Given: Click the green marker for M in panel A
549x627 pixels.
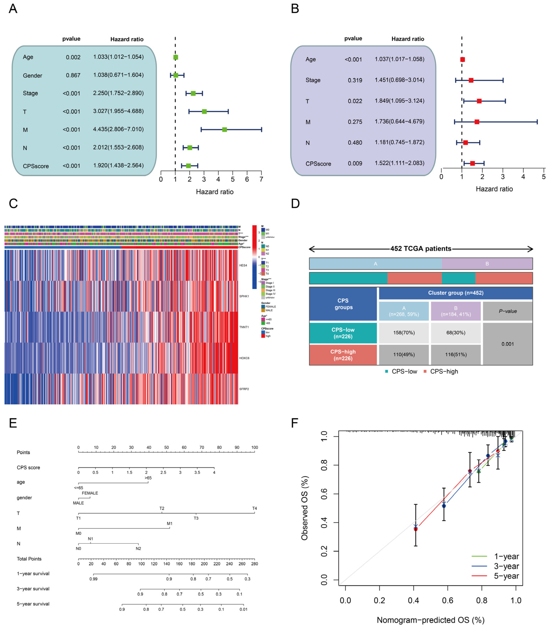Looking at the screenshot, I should (225, 130).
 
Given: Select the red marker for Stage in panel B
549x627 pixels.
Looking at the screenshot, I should (471, 80).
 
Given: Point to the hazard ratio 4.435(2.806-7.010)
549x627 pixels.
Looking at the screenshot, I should (118, 129).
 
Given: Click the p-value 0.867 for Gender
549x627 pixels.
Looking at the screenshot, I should (73, 75).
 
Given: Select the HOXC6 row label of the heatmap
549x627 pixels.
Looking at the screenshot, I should (244, 358).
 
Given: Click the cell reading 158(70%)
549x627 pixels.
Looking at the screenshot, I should (404, 333).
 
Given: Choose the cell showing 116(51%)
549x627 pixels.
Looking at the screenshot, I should (456, 355).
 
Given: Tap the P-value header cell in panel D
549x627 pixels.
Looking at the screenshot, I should (508, 311).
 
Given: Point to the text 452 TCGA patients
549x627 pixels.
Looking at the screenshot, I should (421, 248).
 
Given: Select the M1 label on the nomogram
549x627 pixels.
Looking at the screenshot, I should (169, 523).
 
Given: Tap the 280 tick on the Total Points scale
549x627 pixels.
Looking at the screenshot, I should (254, 564).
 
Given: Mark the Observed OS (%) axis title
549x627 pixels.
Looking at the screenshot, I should (305, 508).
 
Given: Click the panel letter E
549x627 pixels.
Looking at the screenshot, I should (13, 423).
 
